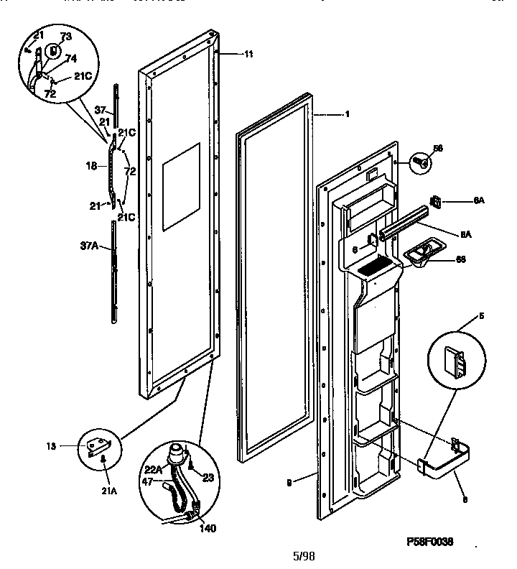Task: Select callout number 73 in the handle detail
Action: click(x=65, y=37)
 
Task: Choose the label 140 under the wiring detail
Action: click(x=207, y=529)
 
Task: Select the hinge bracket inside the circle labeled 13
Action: click(x=95, y=447)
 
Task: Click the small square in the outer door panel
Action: click(x=180, y=186)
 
